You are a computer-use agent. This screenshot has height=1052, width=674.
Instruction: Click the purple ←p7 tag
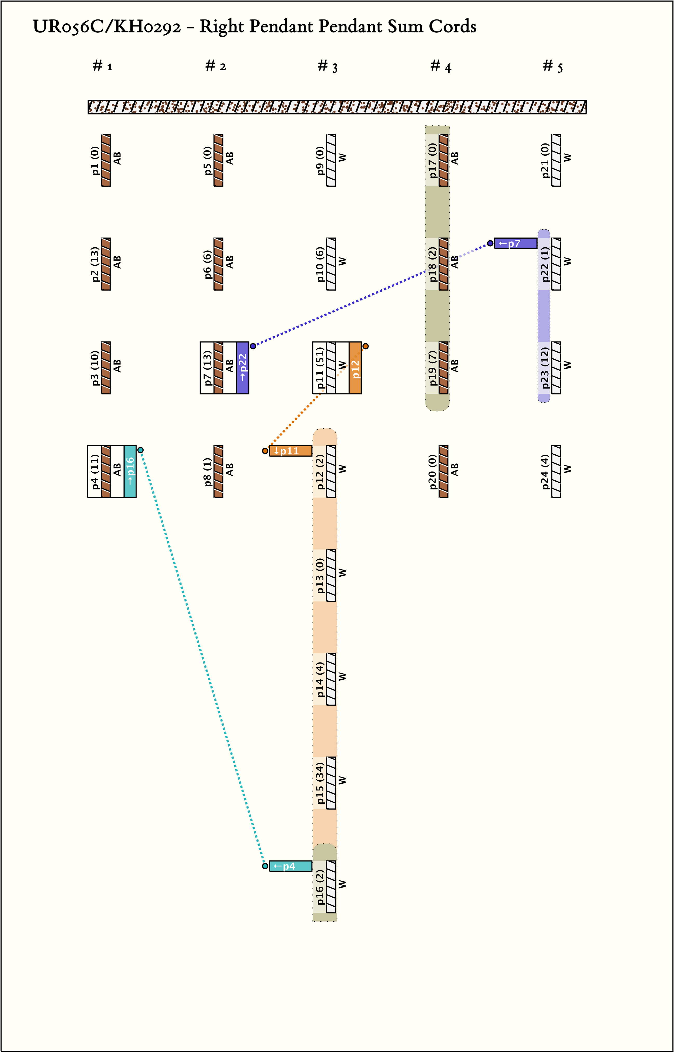click(515, 243)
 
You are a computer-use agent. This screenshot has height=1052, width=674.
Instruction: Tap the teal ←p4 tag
click(290, 866)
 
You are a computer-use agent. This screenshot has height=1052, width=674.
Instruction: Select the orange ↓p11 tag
click(290, 451)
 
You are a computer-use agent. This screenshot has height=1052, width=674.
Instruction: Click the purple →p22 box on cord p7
click(242, 368)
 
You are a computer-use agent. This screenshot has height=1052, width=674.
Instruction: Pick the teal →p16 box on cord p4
click(130, 472)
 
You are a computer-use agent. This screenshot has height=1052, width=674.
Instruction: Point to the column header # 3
click(327, 66)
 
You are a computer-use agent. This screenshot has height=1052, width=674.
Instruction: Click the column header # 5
click(553, 66)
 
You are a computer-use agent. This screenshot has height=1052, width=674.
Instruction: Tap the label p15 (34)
click(320, 783)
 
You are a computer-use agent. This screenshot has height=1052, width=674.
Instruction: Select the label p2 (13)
click(95, 264)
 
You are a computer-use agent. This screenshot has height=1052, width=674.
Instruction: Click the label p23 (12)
click(545, 368)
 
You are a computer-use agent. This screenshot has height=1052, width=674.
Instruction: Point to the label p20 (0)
click(432, 472)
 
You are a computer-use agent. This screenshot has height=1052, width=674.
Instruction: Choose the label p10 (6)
click(320, 264)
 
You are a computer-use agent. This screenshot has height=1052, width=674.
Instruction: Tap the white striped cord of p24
click(556, 472)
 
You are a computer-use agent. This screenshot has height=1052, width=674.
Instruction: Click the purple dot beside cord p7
click(253, 346)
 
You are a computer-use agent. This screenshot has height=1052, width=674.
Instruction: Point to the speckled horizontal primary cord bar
click(337, 107)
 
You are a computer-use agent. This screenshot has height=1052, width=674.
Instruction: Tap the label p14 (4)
click(320, 679)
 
